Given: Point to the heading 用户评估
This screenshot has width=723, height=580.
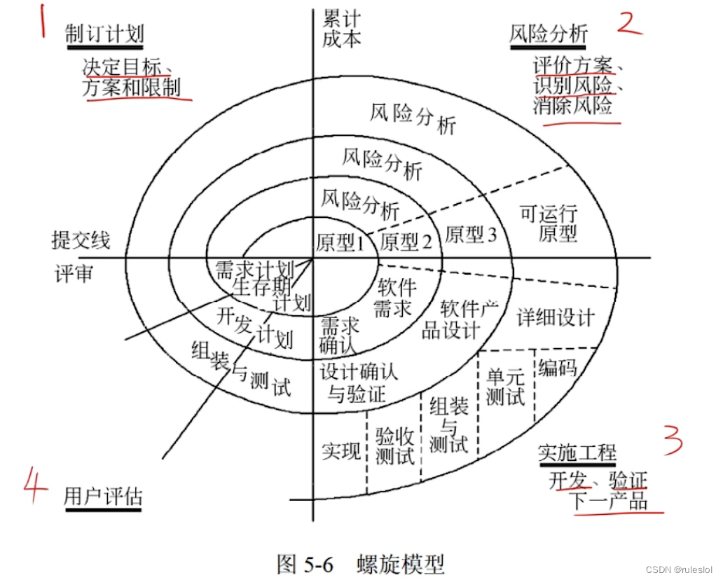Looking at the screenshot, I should [x=103, y=497].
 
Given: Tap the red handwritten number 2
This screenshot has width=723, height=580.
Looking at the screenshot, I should [x=628, y=22].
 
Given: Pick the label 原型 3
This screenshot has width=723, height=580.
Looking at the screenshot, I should [x=470, y=234].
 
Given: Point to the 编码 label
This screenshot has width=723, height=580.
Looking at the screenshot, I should [x=558, y=367].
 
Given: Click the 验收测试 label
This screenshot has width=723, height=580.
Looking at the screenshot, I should [x=395, y=446].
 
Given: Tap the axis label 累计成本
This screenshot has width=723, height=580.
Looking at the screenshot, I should [x=342, y=27].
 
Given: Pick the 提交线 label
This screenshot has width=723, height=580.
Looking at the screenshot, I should [x=81, y=240].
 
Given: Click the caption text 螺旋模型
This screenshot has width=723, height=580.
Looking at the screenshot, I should [x=400, y=563].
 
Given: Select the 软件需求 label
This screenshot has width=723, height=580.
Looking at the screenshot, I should [x=397, y=298].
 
